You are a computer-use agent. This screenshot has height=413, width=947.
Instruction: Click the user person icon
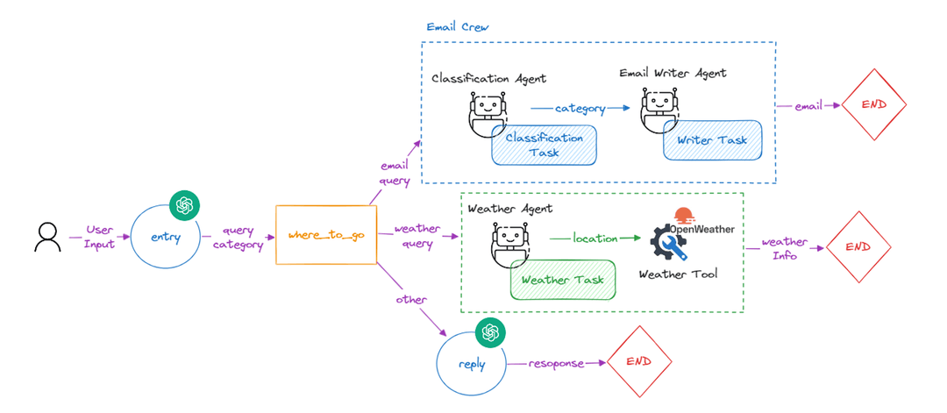pyautogui.click(x=47, y=238)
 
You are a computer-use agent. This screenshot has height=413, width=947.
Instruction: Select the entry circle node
pyautogui.click(x=165, y=238)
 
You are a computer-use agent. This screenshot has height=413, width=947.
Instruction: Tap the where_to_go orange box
pyautogui.click(x=325, y=236)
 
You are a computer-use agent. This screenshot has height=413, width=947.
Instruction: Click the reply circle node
pyautogui.click(x=472, y=362)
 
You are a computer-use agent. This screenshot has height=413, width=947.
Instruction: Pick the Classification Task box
pyautogui.click(x=544, y=145)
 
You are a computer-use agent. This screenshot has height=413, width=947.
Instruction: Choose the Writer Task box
pyautogui.click(x=712, y=140)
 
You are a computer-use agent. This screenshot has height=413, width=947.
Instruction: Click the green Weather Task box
pyautogui.click(x=562, y=280)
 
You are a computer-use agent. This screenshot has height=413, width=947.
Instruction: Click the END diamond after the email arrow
pyautogui.click(x=873, y=105)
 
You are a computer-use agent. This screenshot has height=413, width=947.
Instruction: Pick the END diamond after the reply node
pyautogui.click(x=640, y=361)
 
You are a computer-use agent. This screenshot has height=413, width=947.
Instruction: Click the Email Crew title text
pyautogui.click(x=457, y=27)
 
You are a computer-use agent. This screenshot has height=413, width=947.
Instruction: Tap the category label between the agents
pyautogui.click(x=580, y=109)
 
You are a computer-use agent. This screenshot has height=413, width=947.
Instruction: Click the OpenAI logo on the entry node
pyautogui.click(x=184, y=204)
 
